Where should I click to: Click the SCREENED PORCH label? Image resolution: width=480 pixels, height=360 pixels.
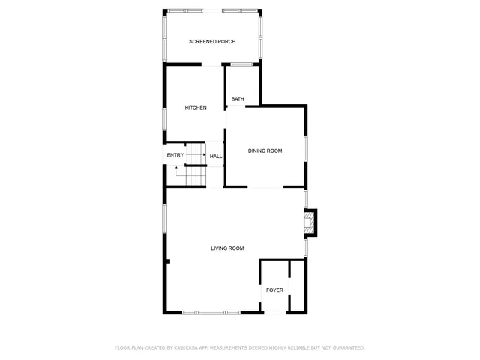pyautogui.click(x=212, y=41)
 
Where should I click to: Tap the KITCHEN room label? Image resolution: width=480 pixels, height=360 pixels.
pyautogui.click(x=196, y=107)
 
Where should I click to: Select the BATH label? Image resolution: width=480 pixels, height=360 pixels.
pyautogui.click(x=238, y=99)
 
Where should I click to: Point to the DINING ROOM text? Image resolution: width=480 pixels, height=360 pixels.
pyautogui.click(x=265, y=151)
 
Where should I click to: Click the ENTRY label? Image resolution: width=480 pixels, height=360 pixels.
pyautogui.click(x=175, y=155)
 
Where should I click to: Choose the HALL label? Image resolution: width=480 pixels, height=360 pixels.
pyautogui.click(x=216, y=157)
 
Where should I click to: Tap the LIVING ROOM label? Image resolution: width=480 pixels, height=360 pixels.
pyautogui.click(x=227, y=248)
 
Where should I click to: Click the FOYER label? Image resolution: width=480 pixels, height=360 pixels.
pyautogui.click(x=274, y=289)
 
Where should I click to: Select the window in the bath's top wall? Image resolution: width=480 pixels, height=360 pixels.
pyautogui.click(x=241, y=64)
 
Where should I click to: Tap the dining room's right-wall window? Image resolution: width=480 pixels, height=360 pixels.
pyautogui.click(x=305, y=148)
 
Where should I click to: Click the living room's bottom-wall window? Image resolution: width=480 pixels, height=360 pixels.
pyautogui.click(x=211, y=312)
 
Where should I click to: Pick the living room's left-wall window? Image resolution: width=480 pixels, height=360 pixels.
pyautogui.click(x=165, y=225)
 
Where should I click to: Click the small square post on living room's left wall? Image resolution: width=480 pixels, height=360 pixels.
pyautogui.click(x=168, y=262)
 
